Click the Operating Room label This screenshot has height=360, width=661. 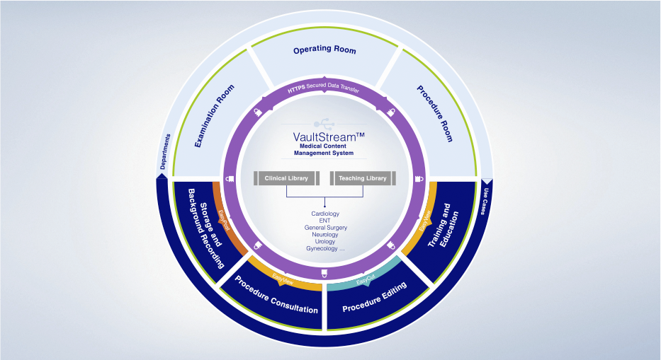[x=325, y=50]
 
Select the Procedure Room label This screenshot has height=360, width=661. [x=434, y=114]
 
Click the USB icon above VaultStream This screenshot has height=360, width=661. [x=324, y=120]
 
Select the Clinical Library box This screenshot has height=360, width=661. [x=286, y=178]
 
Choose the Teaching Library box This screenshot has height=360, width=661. [x=362, y=178]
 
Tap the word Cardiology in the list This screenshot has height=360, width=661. [x=325, y=214]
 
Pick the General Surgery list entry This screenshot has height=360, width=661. [x=325, y=228]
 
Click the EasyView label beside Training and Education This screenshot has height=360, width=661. [x=426, y=221]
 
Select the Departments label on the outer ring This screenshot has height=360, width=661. [x=165, y=152]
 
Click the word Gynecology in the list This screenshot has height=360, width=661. [x=324, y=249]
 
